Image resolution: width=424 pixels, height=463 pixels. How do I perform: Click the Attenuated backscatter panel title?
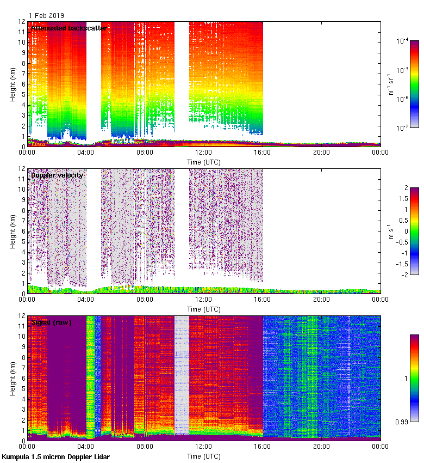coord(68,28)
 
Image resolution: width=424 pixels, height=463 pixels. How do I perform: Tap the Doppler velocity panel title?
coord(57,175)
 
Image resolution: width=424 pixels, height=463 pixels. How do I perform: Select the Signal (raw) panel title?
coord(52,322)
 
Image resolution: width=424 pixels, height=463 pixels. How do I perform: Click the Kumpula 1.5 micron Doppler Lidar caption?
coord(55,457)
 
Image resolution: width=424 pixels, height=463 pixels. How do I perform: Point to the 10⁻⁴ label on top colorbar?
coord(403,41)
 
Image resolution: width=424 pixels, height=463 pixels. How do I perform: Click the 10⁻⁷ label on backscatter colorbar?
coord(403,129)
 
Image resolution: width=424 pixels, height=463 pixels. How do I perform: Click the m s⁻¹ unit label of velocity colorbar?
coord(390,231)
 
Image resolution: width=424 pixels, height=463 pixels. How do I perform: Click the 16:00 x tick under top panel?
coord(263,153)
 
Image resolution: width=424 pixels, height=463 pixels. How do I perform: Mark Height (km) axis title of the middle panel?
coord(12,231)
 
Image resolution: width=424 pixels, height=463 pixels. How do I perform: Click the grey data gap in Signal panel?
coord(182,376)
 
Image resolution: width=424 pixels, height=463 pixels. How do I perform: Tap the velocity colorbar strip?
coord(414,231)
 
